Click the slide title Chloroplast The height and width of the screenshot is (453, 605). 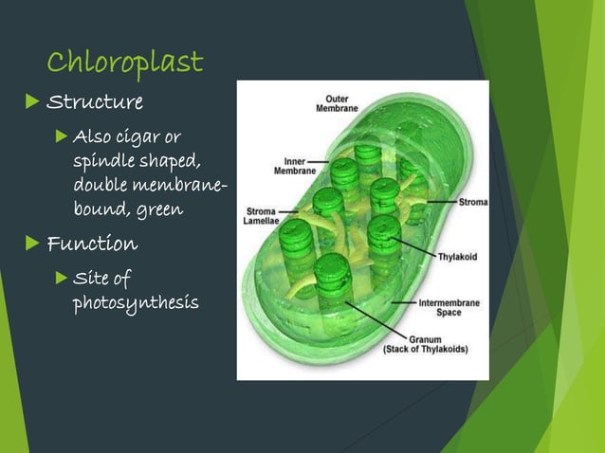pyautogui.click(x=124, y=63)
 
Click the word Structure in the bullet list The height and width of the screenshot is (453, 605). pyautogui.click(x=95, y=102)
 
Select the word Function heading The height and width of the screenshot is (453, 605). pyautogui.click(x=92, y=245)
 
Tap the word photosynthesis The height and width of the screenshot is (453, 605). pyautogui.click(x=136, y=303)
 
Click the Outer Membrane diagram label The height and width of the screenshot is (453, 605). pyautogui.click(x=337, y=103)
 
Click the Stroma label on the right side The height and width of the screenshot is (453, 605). pyautogui.click(x=473, y=202)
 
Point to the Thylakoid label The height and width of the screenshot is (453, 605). pyautogui.click(x=456, y=256)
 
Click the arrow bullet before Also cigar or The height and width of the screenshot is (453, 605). pyautogui.click(x=62, y=138)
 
